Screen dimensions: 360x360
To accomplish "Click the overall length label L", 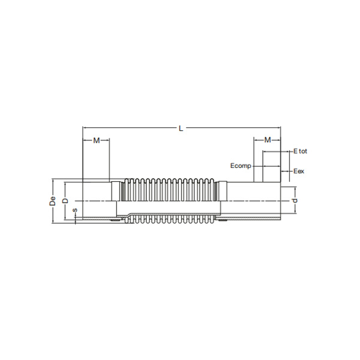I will tap(181, 127).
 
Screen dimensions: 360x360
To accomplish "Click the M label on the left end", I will tap(96, 140).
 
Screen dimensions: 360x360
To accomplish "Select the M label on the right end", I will tap(268, 140).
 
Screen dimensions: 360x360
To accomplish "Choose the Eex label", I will tap(299, 172).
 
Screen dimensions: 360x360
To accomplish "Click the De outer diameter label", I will tap(53, 201).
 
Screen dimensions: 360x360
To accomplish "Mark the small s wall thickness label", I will tap(74, 211).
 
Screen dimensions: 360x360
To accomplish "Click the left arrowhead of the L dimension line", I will tap(85, 128).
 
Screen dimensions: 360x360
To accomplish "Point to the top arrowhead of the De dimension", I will tap(54, 181).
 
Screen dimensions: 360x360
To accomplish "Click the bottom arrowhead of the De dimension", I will tap(54, 221).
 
